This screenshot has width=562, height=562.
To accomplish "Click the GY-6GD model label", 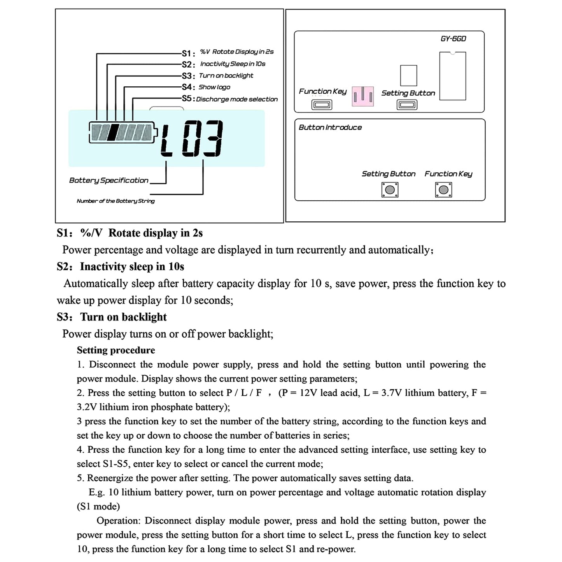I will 453,39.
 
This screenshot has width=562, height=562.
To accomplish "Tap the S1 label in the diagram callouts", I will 188,53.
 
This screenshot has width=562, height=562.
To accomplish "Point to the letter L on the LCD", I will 166,140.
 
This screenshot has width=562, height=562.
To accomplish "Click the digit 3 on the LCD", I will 214,138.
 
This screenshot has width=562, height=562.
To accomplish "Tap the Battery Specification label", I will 109,180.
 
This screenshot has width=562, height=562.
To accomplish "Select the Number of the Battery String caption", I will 116,201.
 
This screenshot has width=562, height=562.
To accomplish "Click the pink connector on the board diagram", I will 363,96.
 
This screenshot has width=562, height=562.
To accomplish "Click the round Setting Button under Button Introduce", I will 390,190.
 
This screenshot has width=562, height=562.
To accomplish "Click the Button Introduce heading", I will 330,128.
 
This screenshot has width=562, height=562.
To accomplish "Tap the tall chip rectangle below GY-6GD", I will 453,76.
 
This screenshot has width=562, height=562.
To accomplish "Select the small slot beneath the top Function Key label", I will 322,105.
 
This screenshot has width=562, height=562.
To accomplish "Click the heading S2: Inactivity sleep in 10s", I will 121,267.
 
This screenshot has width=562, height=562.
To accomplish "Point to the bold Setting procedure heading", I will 116,350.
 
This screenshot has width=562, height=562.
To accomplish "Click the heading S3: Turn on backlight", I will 112,317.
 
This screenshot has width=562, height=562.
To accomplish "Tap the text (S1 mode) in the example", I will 98,506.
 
